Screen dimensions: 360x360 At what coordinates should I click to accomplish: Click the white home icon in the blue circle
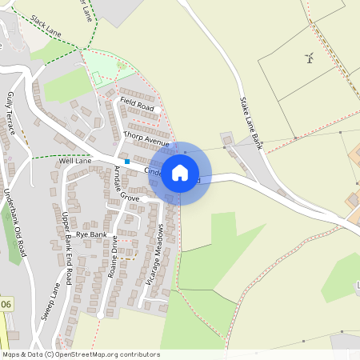(x=180, y=173)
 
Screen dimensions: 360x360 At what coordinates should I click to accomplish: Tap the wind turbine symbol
(x=309, y=57)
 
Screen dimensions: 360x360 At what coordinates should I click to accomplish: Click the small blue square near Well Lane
(x=126, y=162)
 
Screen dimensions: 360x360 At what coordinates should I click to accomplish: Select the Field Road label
(x=136, y=105)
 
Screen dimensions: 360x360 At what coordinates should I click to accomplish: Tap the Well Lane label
(x=75, y=161)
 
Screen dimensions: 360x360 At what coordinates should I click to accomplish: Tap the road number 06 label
(x=6, y=304)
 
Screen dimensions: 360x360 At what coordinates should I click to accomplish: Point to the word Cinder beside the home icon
(x=153, y=170)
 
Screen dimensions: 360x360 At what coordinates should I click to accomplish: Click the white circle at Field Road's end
(x=158, y=109)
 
